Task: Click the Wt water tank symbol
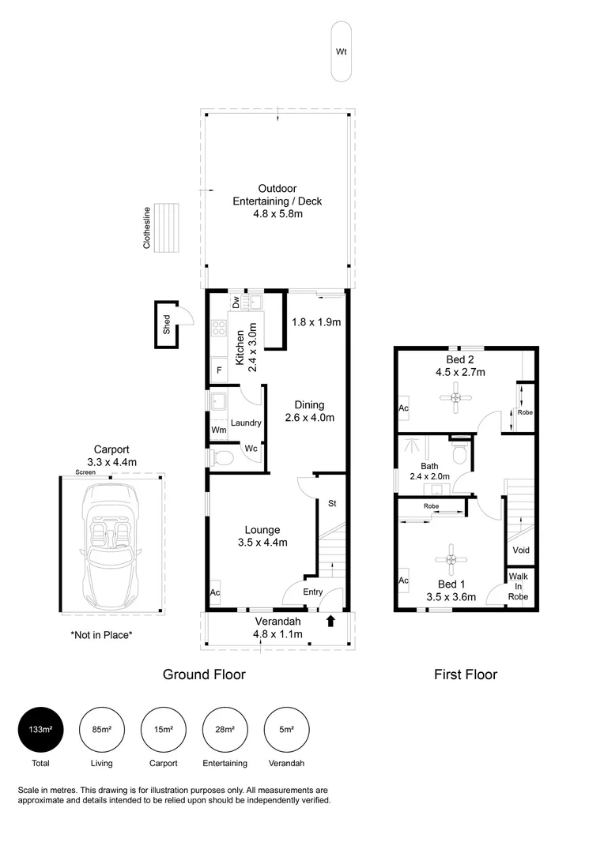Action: (342, 52)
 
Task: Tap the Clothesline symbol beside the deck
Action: (167, 227)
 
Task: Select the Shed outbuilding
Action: (166, 324)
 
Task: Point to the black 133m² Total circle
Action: (40, 730)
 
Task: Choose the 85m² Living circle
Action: (101, 730)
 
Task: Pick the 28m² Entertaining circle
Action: (225, 730)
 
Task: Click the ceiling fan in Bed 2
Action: (455, 399)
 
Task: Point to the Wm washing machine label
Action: (217, 429)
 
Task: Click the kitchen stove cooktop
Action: (219, 329)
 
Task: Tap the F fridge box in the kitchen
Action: (218, 370)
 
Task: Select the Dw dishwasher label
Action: (236, 302)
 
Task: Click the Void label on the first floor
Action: (521, 551)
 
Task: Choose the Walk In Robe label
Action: (519, 585)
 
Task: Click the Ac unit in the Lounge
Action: (214, 592)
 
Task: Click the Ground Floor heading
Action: (204, 675)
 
